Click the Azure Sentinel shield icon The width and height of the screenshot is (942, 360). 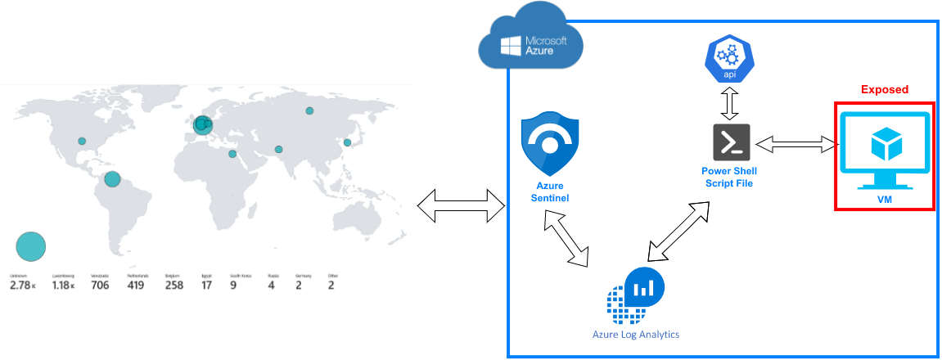pos(549,145)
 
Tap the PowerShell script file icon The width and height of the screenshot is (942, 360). pos(728,143)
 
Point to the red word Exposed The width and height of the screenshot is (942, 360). pos(885,89)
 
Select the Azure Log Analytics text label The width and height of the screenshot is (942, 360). pos(636,335)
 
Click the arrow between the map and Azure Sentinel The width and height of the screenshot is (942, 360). pos(462,205)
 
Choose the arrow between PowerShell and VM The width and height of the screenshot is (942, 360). pos(797,145)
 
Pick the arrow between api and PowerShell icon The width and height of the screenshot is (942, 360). pos(728,104)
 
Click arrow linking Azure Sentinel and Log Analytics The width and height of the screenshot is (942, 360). pos(567,237)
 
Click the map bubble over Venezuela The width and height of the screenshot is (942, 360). pos(113,179)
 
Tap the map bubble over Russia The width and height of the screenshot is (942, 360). pos(309,111)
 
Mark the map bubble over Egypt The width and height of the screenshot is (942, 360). pos(232,154)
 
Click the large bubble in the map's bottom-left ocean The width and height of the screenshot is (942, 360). pos(31,245)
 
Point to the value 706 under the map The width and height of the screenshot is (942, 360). pos(100,286)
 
